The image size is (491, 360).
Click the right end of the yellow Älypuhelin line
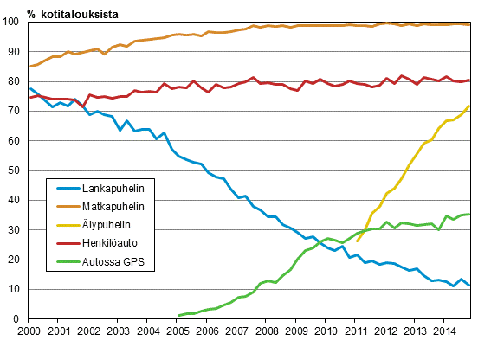click(x=471, y=106)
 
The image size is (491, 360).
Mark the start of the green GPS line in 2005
click(x=178, y=316)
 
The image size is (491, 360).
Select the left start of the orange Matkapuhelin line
click(x=30, y=67)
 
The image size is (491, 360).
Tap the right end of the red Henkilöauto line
click(x=471, y=80)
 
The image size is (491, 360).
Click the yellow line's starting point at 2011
click(x=357, y=242)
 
